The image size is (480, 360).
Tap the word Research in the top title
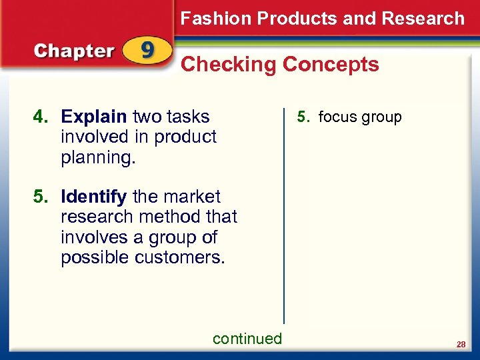423,19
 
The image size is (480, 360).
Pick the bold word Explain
94,117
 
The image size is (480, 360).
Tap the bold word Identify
94,197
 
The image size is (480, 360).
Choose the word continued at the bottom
247,339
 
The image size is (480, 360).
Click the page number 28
461,344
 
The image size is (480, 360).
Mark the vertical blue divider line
284,213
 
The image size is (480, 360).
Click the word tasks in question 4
189,117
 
